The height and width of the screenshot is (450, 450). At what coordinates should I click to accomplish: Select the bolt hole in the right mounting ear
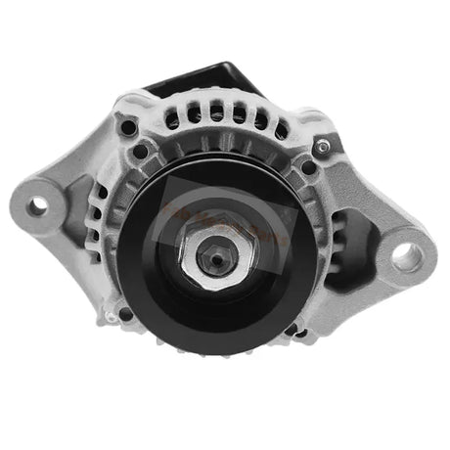pyautogui.click(x=405, y=257)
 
